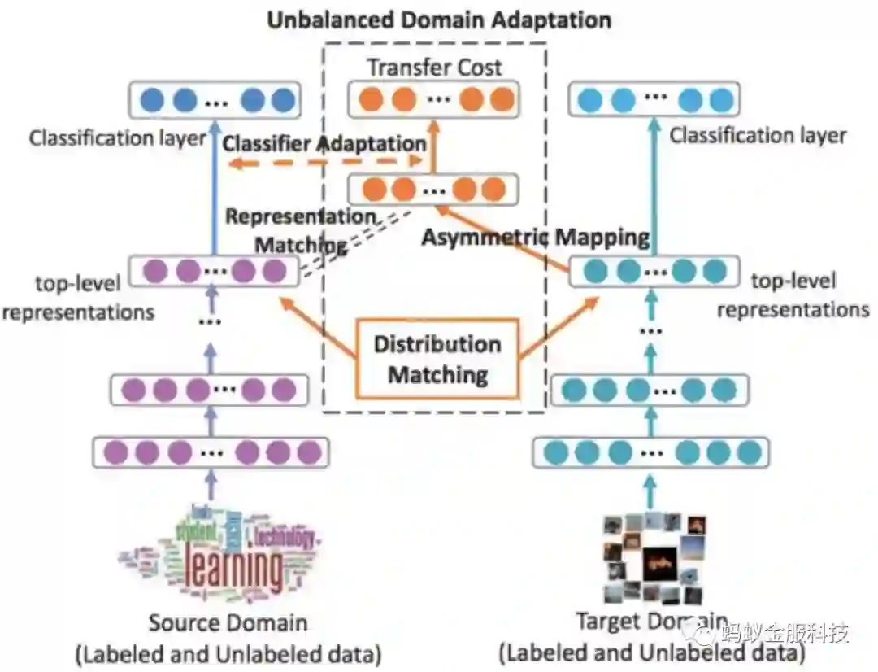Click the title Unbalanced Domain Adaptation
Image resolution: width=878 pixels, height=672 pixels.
coord(439,19)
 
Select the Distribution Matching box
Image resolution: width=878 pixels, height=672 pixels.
coord(437,359)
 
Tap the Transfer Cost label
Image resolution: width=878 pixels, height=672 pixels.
coord(434,67)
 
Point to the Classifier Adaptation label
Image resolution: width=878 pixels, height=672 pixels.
coord(324,144)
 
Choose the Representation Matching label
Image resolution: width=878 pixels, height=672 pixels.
coord(301,230)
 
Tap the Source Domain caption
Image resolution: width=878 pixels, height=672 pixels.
coord(228,624)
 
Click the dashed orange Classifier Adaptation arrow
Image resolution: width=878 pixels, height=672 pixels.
coord(325,164)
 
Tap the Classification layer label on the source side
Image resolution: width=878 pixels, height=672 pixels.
coord(118,137)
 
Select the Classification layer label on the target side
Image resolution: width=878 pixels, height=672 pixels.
coord(758,135)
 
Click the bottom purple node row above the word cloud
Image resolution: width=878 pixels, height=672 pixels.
coord(211,452)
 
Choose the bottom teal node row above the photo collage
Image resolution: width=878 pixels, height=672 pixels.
coord(650,452)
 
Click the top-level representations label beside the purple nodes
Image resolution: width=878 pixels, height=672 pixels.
coord(78,297)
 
